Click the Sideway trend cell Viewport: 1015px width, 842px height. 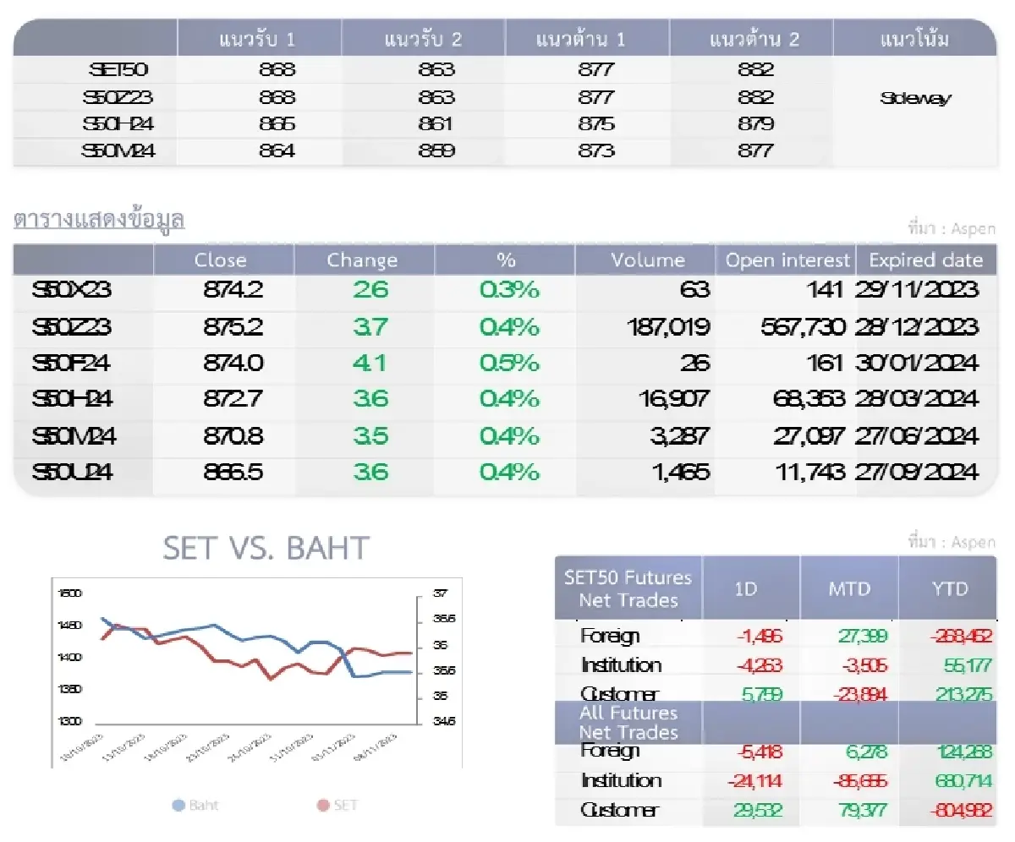(x=915, y=98)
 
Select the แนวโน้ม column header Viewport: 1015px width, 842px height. (x=914, y=40)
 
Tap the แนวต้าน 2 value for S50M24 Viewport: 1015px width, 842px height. (x=755, y=151)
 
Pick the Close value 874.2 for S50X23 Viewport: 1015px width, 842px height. (x=233, y=290)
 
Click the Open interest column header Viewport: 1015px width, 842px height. (x=787, y=260)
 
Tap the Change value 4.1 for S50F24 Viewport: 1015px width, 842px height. (x=370, y=364)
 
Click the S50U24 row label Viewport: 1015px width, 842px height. (x=73, y=472)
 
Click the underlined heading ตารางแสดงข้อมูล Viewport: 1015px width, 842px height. (x=99, y=220)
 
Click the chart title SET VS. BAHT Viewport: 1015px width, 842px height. (x=266, y=549)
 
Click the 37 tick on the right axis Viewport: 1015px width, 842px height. (x=439, y=593)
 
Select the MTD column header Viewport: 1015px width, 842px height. (x=848, y=588)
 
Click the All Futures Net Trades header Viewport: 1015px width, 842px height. (x=628, y=722)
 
